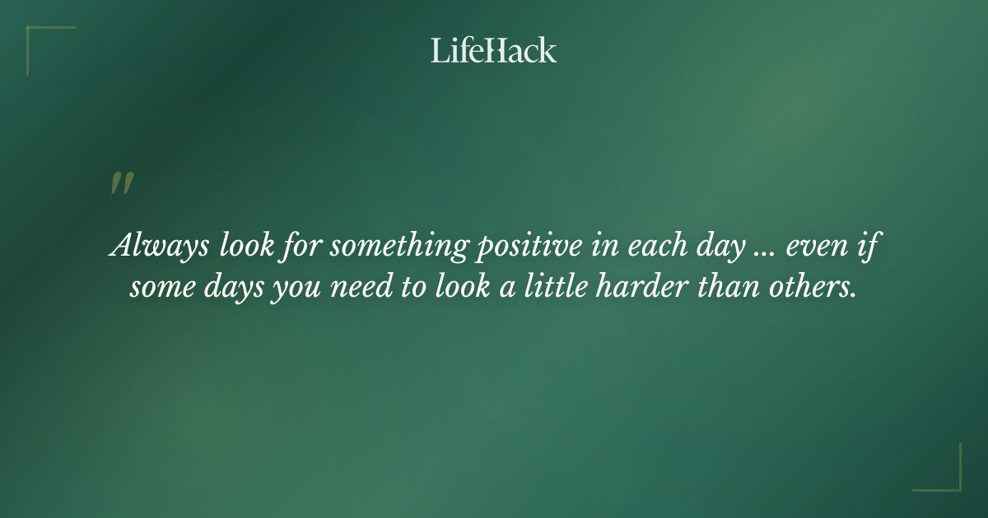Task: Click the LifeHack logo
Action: pos(494,51)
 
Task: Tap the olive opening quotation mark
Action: pos(121,184)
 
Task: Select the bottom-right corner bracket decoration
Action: pos(947,477)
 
